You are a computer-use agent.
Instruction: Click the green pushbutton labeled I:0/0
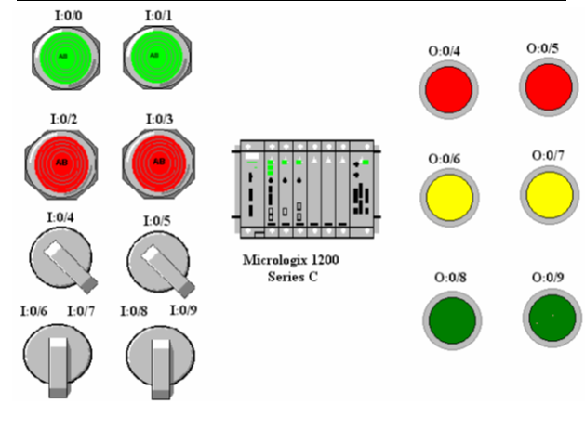pos(62,57)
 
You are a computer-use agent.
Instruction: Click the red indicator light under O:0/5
pos(548,88)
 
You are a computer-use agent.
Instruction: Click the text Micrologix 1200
pos(291,261)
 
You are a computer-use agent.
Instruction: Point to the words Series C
pos(292,277)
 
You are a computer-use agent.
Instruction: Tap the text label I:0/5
pos(160,220)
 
